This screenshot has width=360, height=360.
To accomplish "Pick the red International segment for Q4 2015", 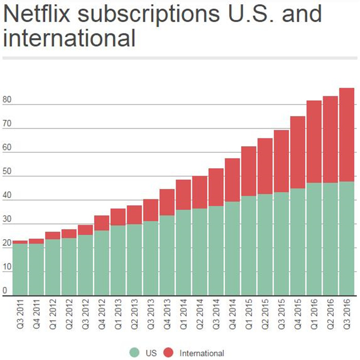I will [x=298, y=152].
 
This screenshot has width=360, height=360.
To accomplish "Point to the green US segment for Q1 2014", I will [x=184, y=252].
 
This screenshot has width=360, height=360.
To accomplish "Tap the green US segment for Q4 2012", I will [x=102, y=262].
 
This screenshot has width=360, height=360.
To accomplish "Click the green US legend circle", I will [x=135, y=353].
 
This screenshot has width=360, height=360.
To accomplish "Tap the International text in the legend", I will [x=202, y=353].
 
